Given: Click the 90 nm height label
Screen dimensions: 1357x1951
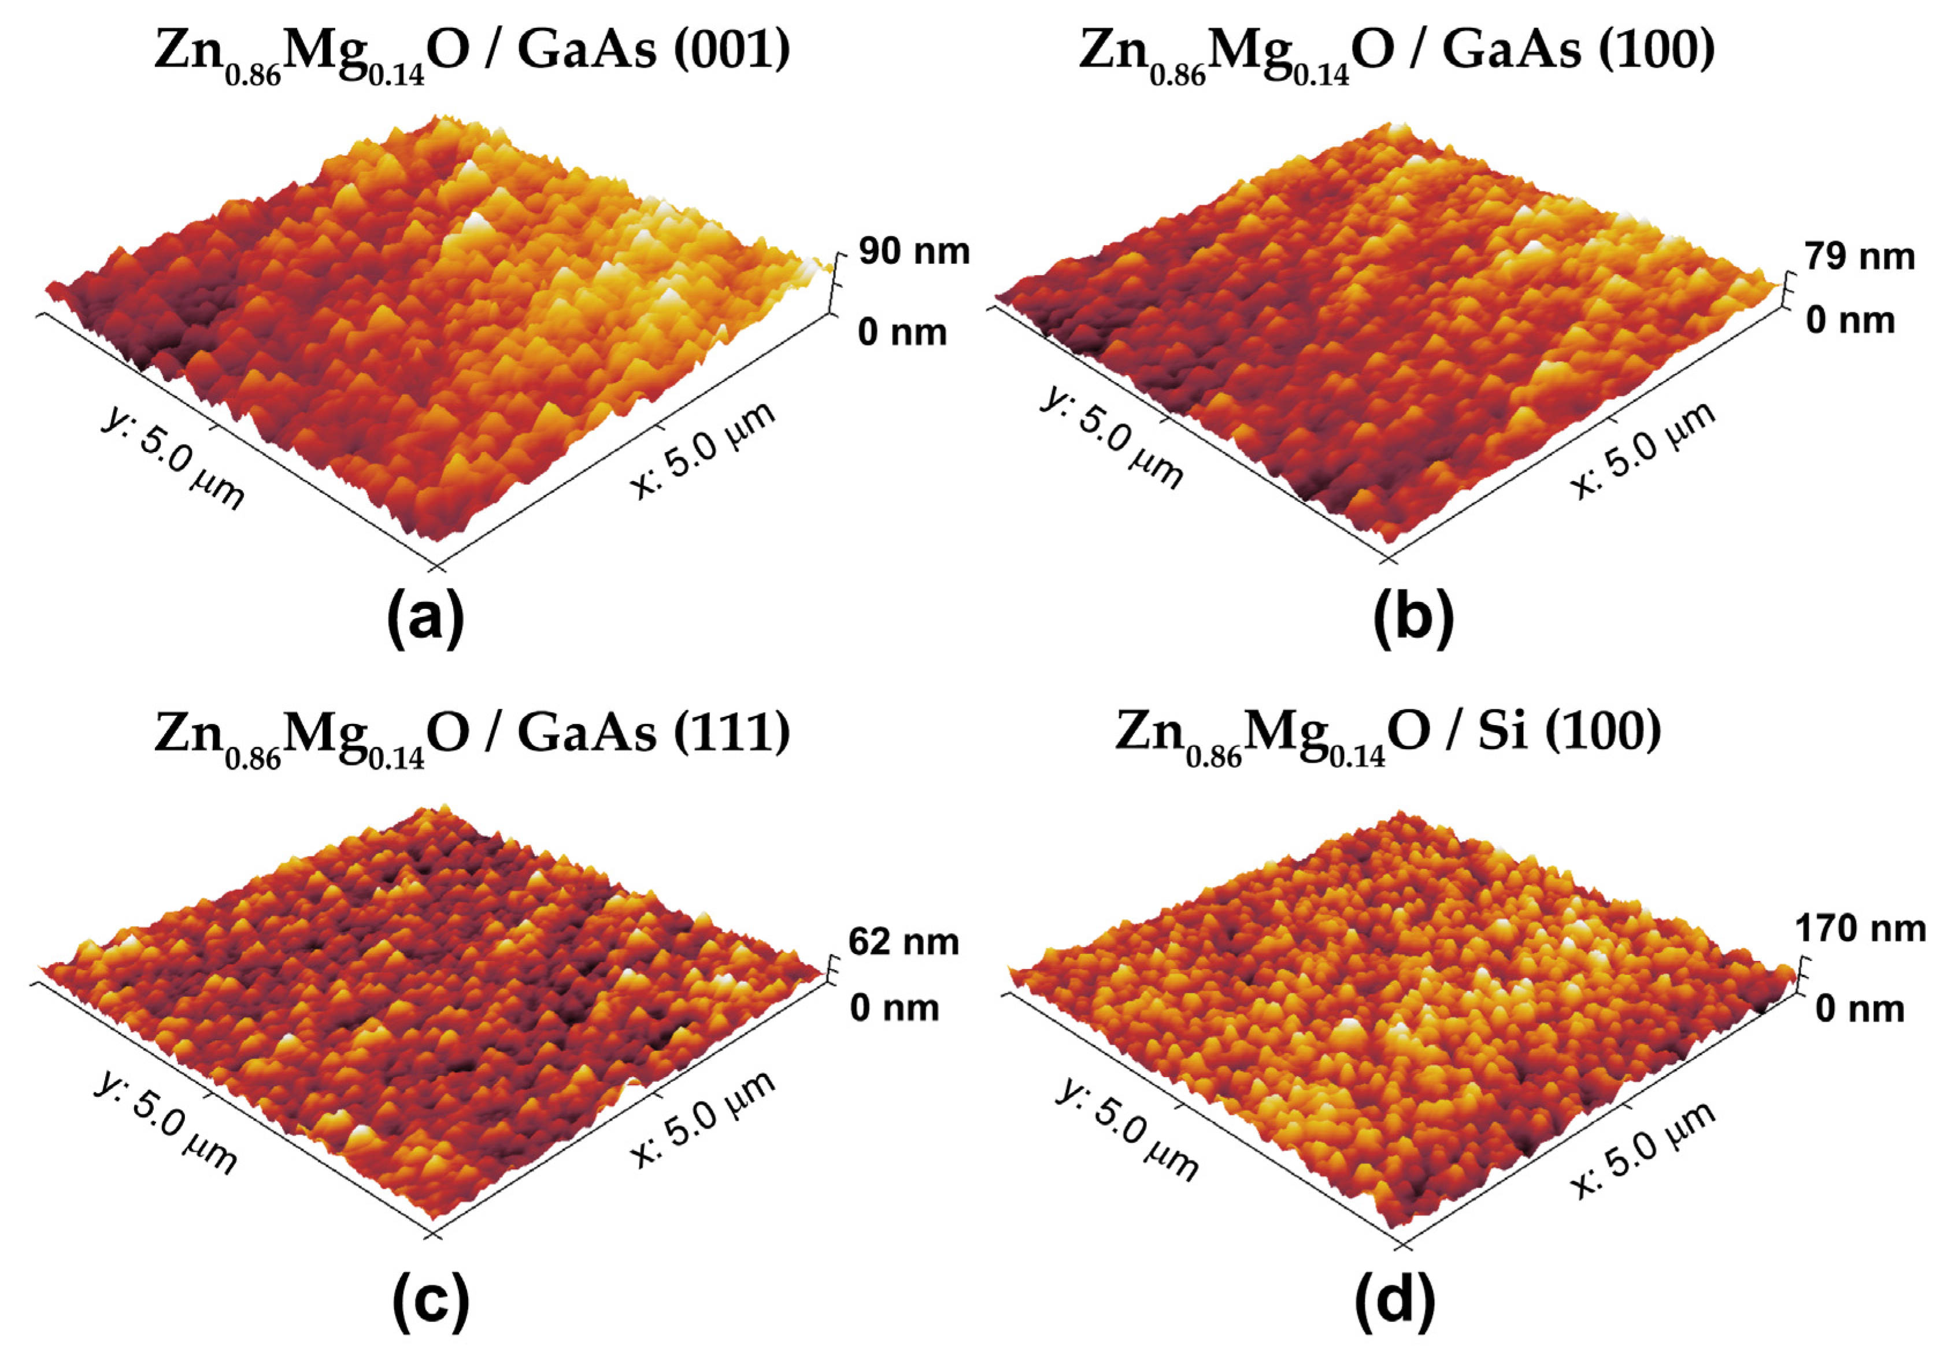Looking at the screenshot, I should [913, 252].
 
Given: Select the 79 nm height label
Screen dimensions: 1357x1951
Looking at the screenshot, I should [1859, 257].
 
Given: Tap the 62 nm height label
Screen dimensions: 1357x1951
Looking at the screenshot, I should [904, 941].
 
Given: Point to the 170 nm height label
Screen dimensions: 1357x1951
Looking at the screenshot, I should [1859, 929].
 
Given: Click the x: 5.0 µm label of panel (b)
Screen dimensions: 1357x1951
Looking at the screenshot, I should [1643, 450].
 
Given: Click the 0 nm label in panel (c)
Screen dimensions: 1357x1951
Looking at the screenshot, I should [894, 1008].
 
